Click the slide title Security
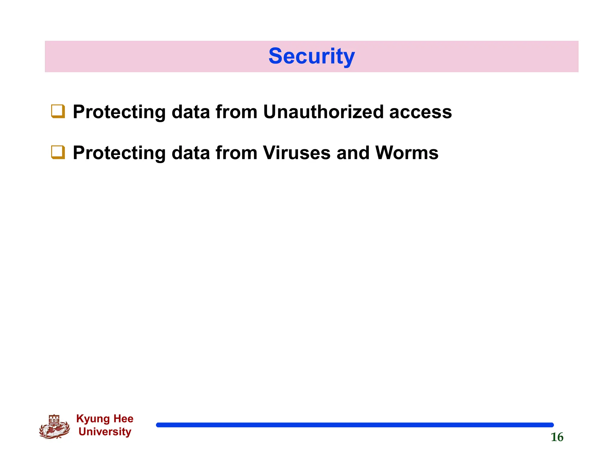[312, 56]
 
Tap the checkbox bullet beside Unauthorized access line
[58, 111]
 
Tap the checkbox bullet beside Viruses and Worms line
[58, 152]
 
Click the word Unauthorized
[323, 112]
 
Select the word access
[420, 112]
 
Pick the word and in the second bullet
[353, 153]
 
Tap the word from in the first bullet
[236, 112]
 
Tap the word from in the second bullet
[236, 153]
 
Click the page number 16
[557, 437]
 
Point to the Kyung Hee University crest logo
[54, 427]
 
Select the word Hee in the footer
[123, 419]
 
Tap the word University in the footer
[105, 432]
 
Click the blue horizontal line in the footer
[355, 425]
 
